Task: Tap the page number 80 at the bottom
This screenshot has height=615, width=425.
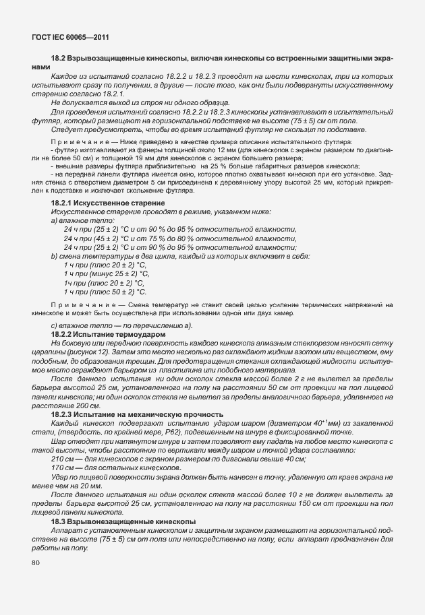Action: click(35, 562)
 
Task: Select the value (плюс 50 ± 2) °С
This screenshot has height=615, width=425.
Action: click(111, 292)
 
